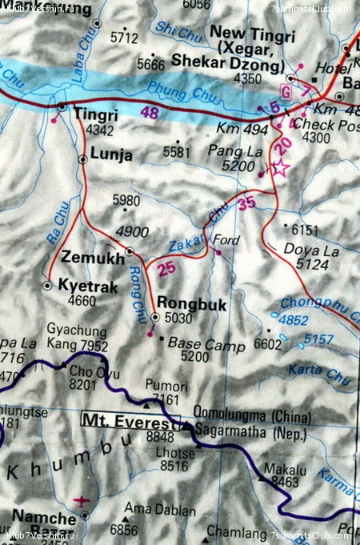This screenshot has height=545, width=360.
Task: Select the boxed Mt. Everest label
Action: click(x=132, y=419)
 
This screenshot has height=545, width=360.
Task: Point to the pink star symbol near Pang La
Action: click(x=279, y=168)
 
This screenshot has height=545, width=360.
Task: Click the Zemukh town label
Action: click(x=93, y=258)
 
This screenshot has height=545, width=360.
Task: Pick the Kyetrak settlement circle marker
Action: click(x=48, y=285)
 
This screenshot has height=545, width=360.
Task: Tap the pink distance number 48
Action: click(x=150, y=114)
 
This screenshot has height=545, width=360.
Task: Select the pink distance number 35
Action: click(x=246, y=204)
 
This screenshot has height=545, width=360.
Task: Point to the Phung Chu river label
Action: click(x=181, y=90)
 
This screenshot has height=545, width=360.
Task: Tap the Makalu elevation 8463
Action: click(x=285, y=483)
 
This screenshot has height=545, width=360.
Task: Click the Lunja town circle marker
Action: click(x=83, y=159)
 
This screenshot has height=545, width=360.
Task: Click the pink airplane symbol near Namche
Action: click(x=81, y=502)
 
